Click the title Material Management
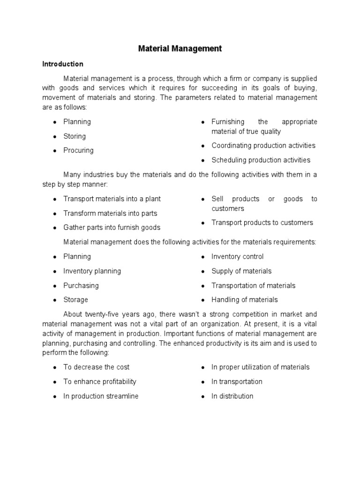180,48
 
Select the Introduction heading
63,64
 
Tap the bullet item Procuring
78,150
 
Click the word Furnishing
228,122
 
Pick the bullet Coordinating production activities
263,145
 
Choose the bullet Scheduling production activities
261,160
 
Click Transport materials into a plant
112,199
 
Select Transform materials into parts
110,213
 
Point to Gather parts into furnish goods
112,227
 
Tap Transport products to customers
262,223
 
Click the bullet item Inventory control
237,256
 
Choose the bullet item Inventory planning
92,271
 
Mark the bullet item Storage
75,300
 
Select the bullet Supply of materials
241,271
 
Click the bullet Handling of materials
244,300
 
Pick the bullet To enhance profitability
100,382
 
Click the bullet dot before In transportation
202,382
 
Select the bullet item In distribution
232,396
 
